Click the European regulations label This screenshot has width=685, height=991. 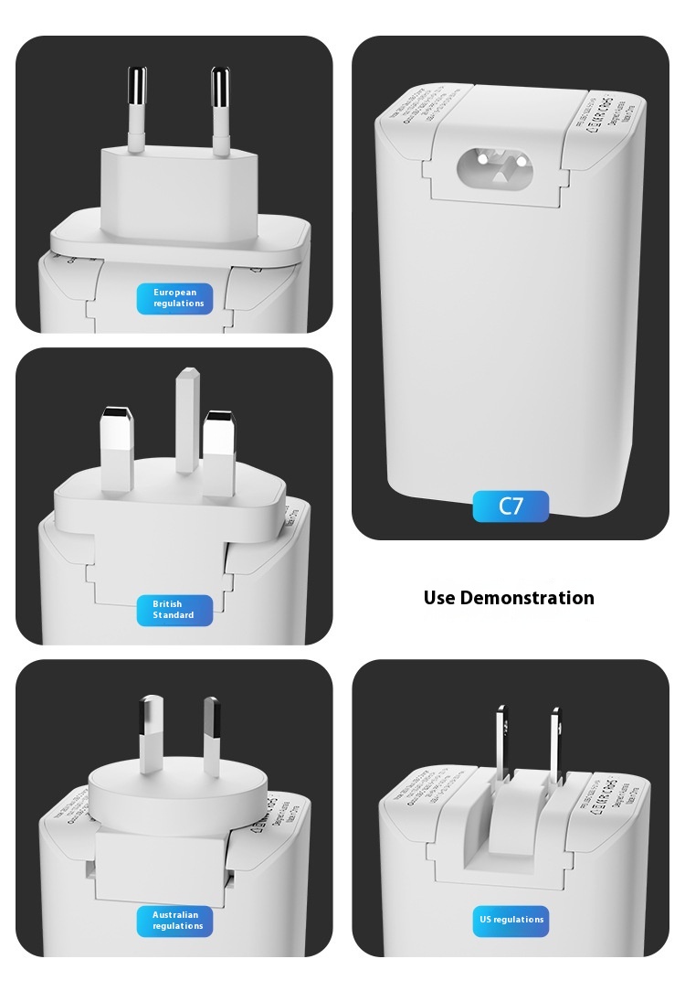pyautogui.click(x=174, y=298)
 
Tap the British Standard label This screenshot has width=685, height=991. pyautogui.click(x=174, y=610)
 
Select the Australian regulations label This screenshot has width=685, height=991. pyautogui.click(x=174, y=921)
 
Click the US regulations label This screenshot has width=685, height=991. pyautogui.click(x=511, y=921)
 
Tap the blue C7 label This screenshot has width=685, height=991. pyautogui.click(x=511, y=506)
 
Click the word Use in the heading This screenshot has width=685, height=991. pyautogui.click(x=439, y=598)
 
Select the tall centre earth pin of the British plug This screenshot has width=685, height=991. pyautogui.click(x=187, y=421)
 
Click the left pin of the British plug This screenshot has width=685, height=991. pyautogui.click(x=117, y=448)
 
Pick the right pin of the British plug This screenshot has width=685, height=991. pyautogui.click(x=219, y=453)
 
